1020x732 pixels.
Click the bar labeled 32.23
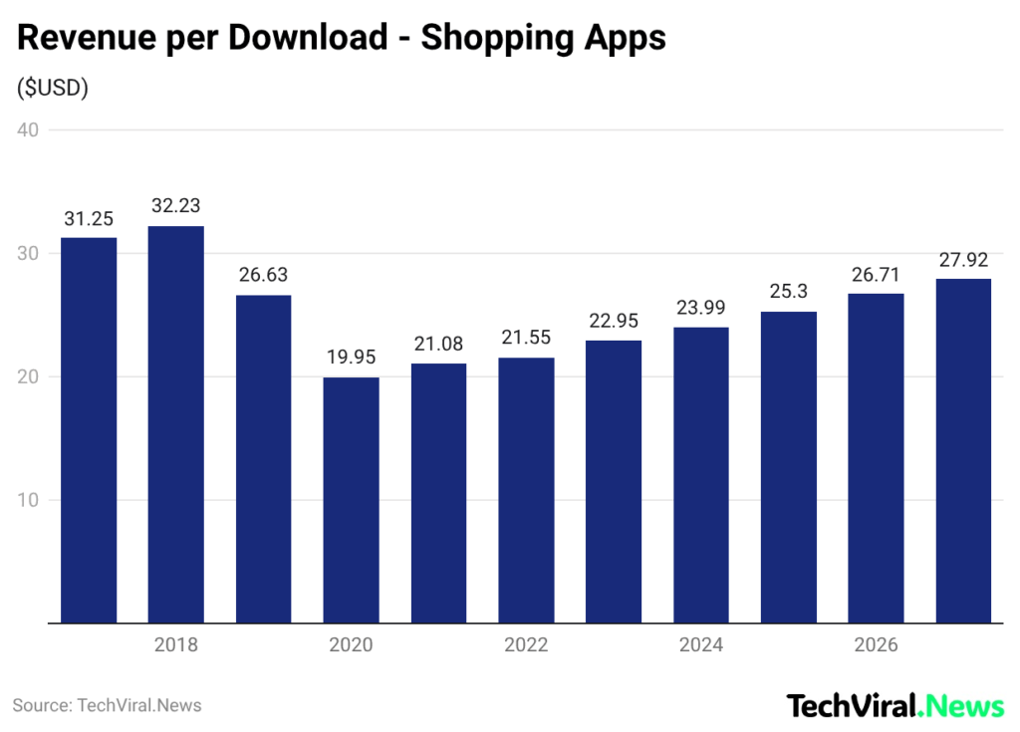point(176,424)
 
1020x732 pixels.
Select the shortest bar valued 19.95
point(351,500)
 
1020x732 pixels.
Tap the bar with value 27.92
point(963,451)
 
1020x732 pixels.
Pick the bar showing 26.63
point(263,459)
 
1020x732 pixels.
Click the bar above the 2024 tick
point(701,475)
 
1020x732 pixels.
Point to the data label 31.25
point(89,219)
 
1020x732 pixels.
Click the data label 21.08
point(438,345)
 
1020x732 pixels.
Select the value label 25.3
point(789,293)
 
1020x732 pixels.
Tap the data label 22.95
point(614,322)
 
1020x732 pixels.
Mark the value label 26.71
point(876,275)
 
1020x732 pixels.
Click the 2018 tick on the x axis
point(176,645)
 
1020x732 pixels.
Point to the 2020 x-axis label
point(351,645)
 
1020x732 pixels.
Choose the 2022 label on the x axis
point(526,645)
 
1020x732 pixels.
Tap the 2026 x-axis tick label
point(876,645)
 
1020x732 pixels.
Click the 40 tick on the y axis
point(27,130)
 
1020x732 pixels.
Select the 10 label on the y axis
point(27,500)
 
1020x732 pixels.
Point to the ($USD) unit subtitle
point(53,88)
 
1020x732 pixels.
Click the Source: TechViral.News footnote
point(108,705)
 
